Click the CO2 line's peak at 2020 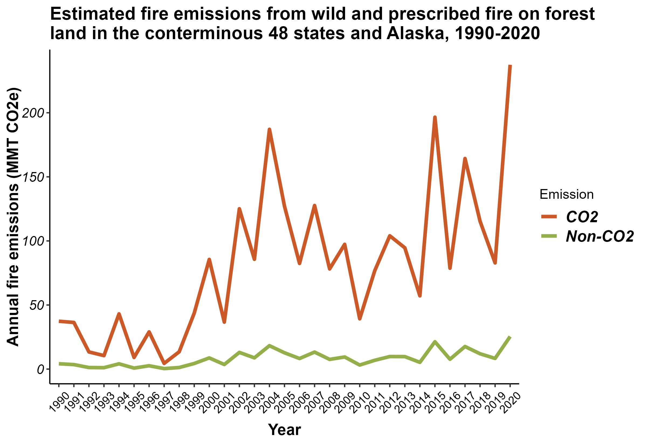510,66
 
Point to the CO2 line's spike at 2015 435,117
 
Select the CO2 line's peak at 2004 269,129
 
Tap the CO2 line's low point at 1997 164,363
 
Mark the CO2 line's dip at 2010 359,319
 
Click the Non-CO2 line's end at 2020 510,337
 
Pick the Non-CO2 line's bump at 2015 435,342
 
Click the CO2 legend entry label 582,217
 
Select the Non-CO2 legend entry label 600,236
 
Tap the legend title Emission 566,194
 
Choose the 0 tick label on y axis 41,369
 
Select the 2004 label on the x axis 270,402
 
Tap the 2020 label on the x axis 511,402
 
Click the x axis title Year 284,430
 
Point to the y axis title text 13,217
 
